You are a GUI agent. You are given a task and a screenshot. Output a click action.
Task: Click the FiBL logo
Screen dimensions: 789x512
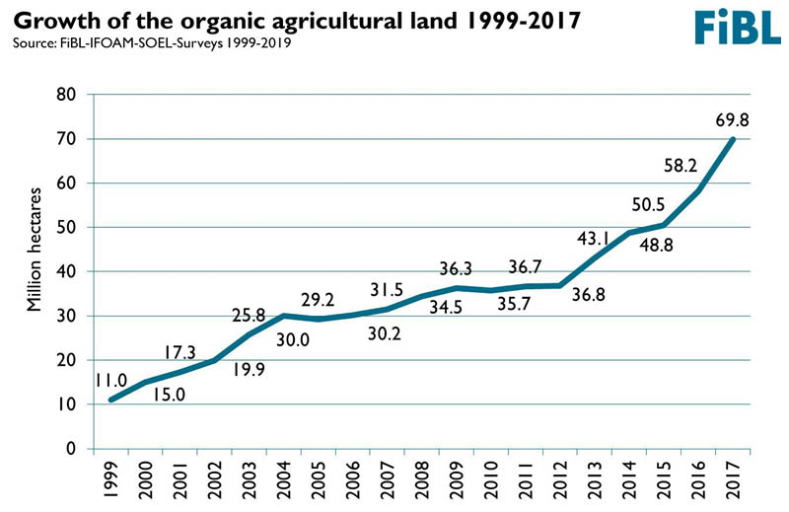tap(738, 27)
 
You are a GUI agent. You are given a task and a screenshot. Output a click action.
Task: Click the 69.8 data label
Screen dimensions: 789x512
tap(732, 120)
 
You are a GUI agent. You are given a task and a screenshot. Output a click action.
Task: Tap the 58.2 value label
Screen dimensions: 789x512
tap(681, 165)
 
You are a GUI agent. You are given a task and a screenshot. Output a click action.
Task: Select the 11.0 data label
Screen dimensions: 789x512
tap(111, 381)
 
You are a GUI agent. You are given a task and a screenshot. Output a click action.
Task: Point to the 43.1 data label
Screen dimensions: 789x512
tap(594, 238)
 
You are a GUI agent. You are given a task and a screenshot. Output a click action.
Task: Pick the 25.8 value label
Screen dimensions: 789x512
tap(249, 315)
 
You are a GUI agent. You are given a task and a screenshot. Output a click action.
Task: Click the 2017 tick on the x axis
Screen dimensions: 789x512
tap(733, 479)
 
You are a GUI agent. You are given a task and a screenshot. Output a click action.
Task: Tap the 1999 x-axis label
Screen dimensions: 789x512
tap(111, 479)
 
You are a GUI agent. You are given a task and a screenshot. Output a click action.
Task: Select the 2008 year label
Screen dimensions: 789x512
tap(422, 479)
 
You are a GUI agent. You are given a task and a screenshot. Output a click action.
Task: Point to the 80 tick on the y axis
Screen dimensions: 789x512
tap(65, 94)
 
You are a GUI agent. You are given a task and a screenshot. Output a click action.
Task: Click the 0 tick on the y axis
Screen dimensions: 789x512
tap(70, 448)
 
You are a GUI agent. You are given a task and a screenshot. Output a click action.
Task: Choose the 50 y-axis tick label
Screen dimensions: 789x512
tap(65, 227)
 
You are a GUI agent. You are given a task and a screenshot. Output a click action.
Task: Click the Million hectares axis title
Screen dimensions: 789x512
tap(34, 250)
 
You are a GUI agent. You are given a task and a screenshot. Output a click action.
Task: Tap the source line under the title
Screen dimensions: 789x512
tap(152, 42)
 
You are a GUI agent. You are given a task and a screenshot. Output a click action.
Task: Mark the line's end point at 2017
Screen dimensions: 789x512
tap(733, 139)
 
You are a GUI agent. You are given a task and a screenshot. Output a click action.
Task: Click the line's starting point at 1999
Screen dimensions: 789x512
tap(111, 400)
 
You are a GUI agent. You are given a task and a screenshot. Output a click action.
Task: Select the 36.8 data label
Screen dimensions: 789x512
tap(588, 295)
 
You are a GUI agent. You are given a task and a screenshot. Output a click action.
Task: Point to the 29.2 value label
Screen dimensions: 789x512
tap(318, 300)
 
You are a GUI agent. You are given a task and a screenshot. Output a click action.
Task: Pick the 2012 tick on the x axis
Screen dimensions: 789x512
tap(560, 479)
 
